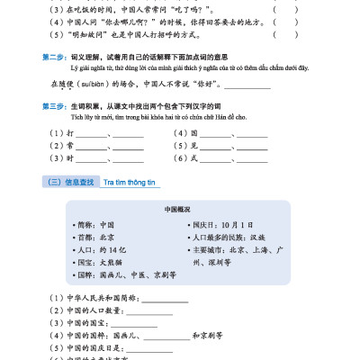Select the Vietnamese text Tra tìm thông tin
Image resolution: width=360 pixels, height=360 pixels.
tap(130, 182)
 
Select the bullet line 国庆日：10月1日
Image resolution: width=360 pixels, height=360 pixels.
tap(220, 223)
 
